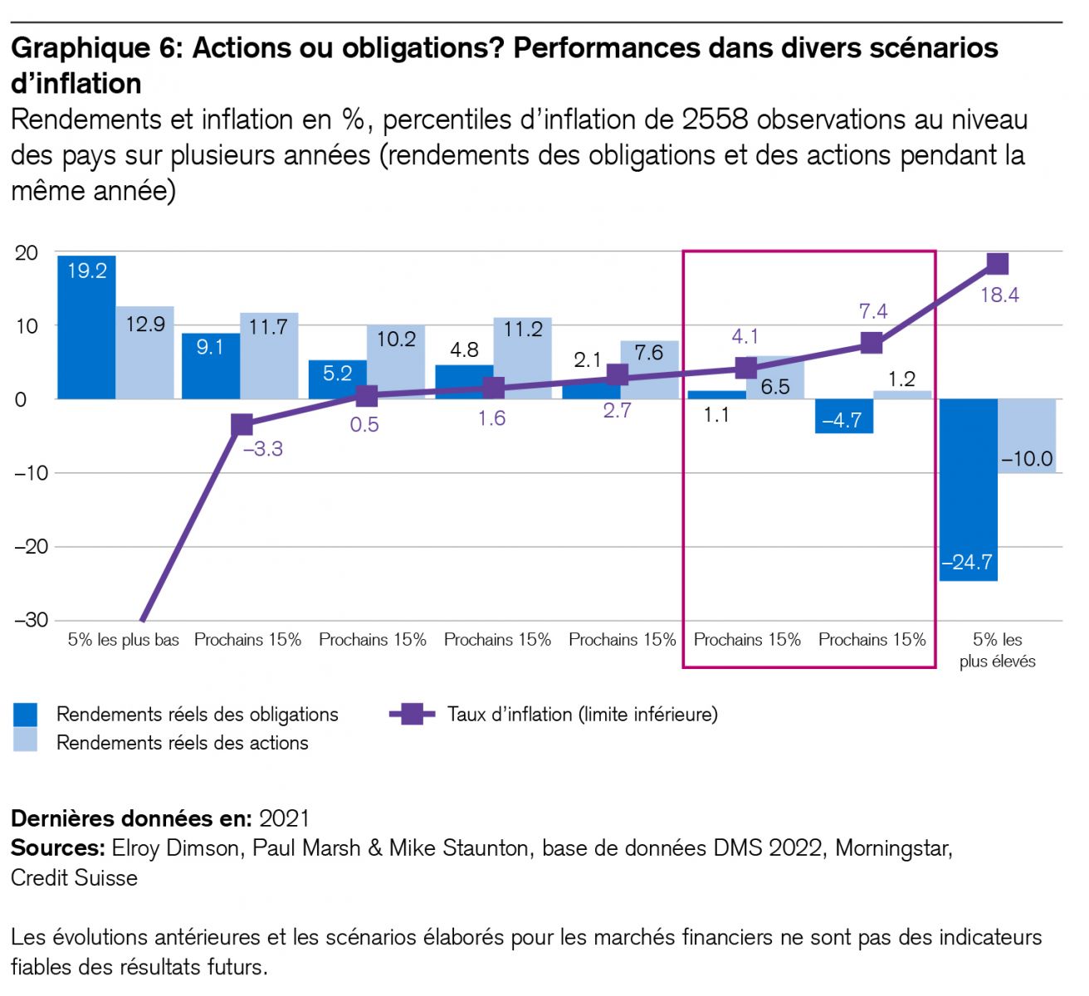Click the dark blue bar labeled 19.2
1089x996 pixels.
[x=86, y=327]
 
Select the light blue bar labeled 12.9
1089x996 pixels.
[x=144, y=353]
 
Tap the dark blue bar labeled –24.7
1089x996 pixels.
[x=969, y=490]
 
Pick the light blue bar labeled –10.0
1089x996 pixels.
[x=1027, y=436]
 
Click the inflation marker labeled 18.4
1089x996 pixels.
[x=997, y=264]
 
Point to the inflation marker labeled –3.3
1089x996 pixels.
[x=242, y=425]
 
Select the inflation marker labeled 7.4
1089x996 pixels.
[x=872, y=343]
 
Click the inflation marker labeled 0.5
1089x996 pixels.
[x=366, y=396]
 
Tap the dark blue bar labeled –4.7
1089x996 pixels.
[x=843, y=416]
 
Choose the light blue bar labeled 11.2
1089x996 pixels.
[x=522, y=358]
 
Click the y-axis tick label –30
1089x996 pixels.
[x=31, y=620]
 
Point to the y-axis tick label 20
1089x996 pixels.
[x=27, y=253]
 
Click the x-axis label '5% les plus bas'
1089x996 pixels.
[x=124, y=640]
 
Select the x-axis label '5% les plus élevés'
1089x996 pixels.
[x=998, y=651]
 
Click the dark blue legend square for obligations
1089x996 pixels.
[x=26, y=715]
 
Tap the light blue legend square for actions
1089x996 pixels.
[x=26, y=741]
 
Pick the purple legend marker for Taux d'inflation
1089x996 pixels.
[x=412, y=714]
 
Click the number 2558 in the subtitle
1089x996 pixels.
[x=715, y=120]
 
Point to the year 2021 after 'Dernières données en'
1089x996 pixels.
[x=284, y=819]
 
